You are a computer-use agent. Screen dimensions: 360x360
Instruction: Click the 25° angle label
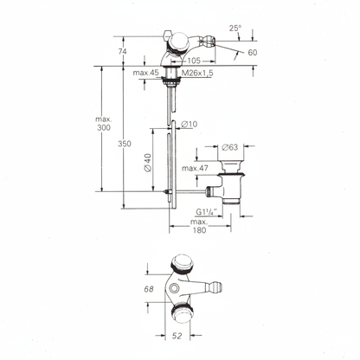coord(235,28)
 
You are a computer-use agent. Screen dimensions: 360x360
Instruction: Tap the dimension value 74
coord(123,51)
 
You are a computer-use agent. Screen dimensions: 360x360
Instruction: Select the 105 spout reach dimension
coord(194,61)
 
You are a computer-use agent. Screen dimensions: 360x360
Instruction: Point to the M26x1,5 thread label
coord(197,74)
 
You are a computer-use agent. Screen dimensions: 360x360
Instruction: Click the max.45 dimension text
coord(146,73)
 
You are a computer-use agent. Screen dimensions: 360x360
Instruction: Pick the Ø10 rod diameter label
coord(190,124)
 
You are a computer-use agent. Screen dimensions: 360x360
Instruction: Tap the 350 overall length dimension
coord(125,144)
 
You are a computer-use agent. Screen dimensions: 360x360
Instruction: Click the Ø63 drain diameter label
coord(230,147)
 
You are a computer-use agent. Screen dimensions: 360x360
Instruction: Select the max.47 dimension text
coord(195,168)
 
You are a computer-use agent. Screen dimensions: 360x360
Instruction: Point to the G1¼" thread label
coord(207,212)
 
